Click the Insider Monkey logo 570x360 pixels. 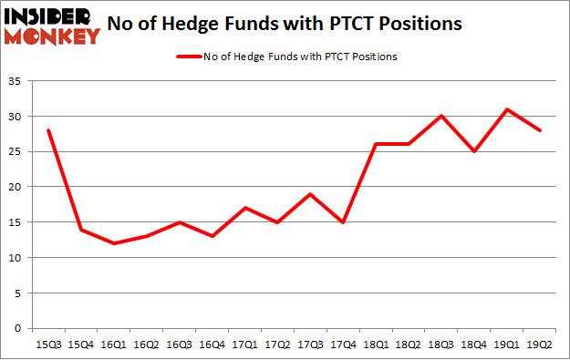point(52,26)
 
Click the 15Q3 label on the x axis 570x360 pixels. point(48,345)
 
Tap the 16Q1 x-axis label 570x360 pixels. point(115,345)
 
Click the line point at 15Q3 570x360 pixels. point(48,130)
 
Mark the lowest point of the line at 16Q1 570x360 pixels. point(115,243)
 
